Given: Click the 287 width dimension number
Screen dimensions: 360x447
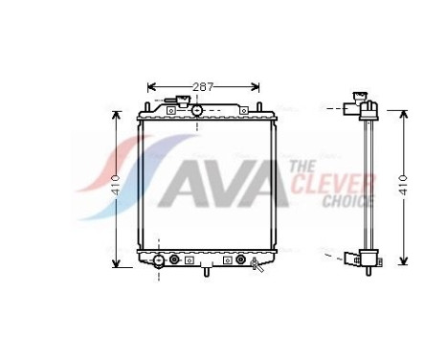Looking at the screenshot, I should (202, 87).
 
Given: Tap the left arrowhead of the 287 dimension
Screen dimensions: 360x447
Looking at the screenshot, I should (150, 87).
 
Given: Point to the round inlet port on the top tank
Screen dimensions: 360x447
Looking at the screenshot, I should (197, 111).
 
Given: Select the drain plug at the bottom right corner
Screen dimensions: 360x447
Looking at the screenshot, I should (256, 264).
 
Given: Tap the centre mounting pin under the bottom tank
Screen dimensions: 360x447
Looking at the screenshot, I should (205, 273).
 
